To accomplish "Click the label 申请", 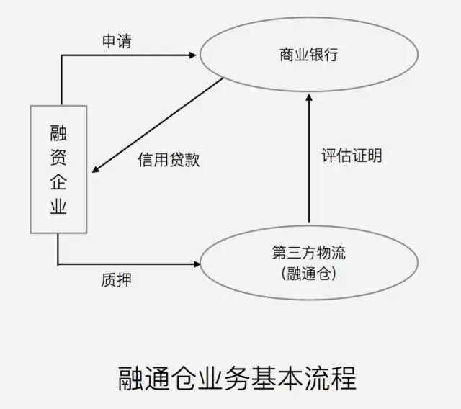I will coord(116,41).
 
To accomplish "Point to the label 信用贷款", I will coord(169,160).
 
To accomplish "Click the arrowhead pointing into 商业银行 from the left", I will coord(192,55).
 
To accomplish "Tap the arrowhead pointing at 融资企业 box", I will coord(97,171).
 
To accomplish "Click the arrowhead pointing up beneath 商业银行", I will coord(309,99).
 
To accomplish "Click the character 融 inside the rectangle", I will coord(58,132).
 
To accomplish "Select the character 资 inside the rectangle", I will coord(58,157).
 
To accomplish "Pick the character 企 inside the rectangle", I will coord(58,182).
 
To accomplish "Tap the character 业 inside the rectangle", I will coord(58,207).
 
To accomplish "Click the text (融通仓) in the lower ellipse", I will coord(309,274).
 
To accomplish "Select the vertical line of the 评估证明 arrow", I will coord(309,166).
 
